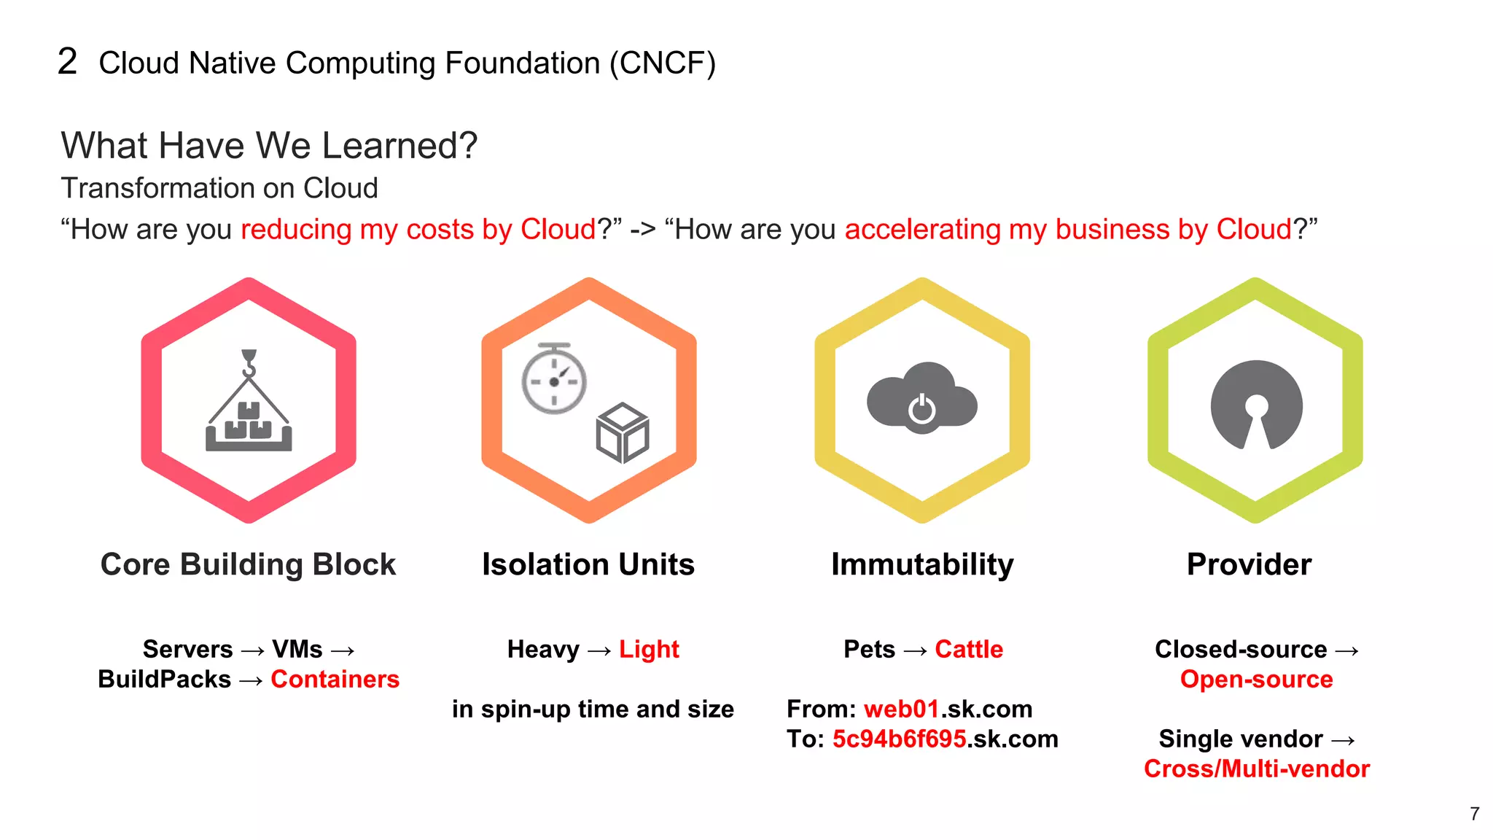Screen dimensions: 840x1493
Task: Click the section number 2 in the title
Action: click(x=67, y=62)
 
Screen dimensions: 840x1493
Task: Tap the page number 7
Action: click(x=1474, y=814)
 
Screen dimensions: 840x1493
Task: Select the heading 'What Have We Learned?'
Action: click(x=269, y=145)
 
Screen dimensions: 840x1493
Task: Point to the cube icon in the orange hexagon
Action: click(x=623, y=432)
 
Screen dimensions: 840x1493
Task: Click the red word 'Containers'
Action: click(x=335, y=680)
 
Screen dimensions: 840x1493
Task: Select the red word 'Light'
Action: click(x=649, y=649)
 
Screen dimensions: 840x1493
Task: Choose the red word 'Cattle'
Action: click(x=969, y=649)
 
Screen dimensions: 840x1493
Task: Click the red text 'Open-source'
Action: click(x=1256, y=680)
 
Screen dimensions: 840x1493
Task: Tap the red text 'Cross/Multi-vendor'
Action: click(x=1256, y=769)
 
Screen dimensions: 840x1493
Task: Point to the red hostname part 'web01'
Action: click(x=901, y=709)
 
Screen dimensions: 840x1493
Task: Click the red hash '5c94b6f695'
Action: click(x=899, y=739)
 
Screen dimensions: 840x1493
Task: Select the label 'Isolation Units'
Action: click(x=588, y=564)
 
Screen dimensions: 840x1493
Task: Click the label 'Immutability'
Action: click(x=922, y=564)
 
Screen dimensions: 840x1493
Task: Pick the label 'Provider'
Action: click(x=1249, y=564)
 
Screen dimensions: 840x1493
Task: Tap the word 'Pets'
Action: click(x=869, y=649)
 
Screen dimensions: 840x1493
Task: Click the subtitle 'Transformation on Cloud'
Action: click(x=219, y=188)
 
